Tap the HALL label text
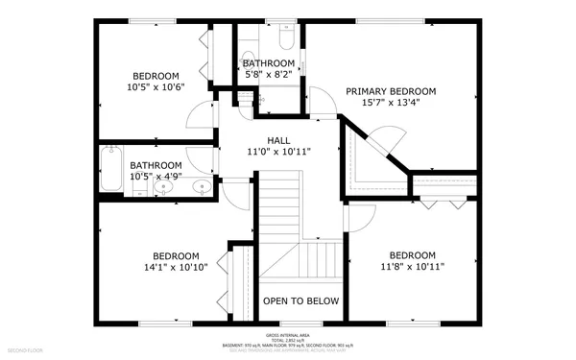(x=278, y=140)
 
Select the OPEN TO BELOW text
(x=301, y=300)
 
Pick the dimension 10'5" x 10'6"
(x=156, y=87)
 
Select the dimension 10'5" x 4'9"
(x=156, y=176)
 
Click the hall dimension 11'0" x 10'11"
(x=278, y=152)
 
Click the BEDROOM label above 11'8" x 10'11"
(x=412, y=254)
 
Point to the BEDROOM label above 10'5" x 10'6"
(x=156, y=76)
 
